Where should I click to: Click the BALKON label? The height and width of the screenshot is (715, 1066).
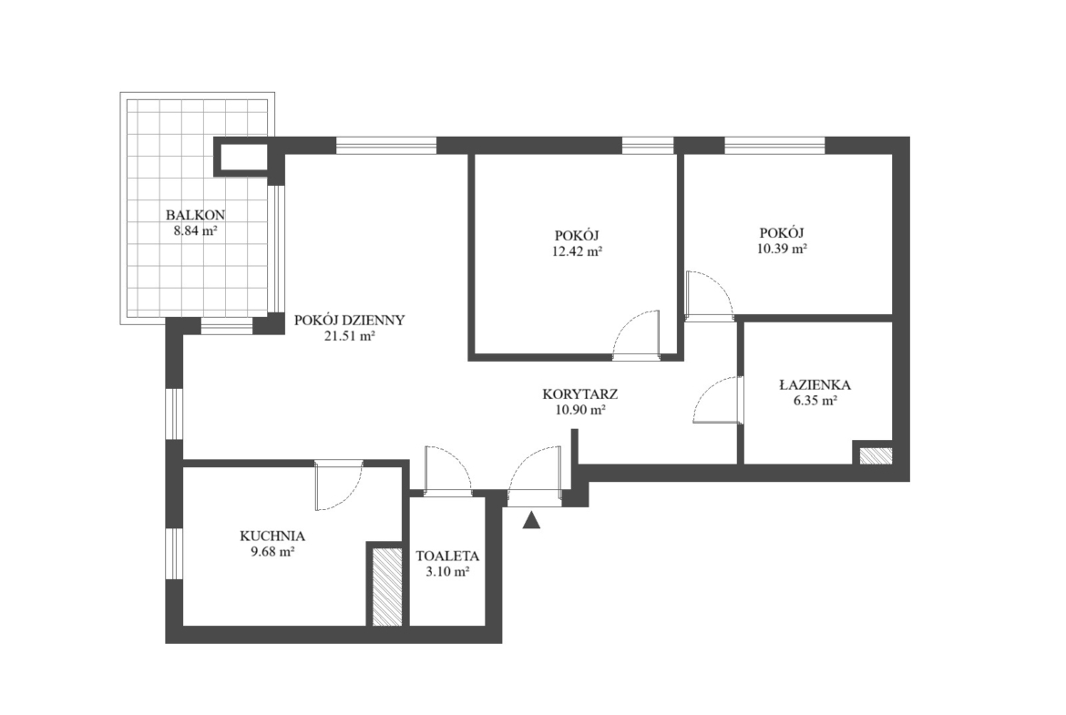pos(195,215)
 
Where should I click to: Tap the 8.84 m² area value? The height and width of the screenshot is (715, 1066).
pos(195,230)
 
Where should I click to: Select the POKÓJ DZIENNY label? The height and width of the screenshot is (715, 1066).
pos(350,320)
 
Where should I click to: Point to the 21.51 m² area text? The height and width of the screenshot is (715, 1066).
pos(350,336)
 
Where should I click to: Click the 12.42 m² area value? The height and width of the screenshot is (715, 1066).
pos(578,250)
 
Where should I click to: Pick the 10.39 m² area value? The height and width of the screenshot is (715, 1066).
pos(782,249)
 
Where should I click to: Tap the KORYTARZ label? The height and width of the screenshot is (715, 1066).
pos(579,393)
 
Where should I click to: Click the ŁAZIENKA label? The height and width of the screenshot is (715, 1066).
pos(815,384)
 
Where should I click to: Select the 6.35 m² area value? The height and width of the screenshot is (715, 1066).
pos(815,401)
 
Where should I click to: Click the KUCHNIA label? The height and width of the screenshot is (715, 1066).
pos(272,536)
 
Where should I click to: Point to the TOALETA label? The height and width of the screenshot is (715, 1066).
pos(447,556)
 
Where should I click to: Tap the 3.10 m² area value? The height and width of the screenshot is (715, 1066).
pos(447,572)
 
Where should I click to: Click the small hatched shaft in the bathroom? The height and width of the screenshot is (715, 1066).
pos(875,456)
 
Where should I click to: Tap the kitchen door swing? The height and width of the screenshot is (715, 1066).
pos(339,485)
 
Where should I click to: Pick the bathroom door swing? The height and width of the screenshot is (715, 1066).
pos(716,400)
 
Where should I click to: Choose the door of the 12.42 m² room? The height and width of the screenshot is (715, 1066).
pos(636,333)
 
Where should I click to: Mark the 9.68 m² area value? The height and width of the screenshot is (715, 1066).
pos(272,552)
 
